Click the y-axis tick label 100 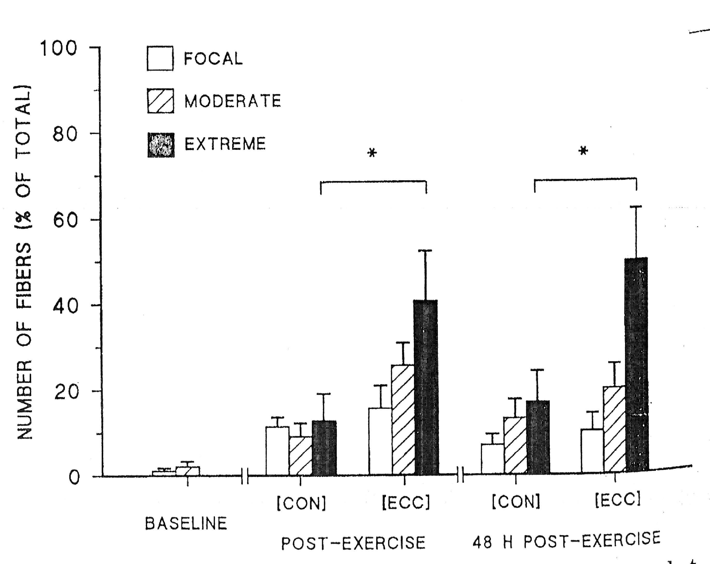58,48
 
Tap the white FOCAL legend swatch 160,59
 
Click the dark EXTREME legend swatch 161,145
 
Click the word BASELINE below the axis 186,524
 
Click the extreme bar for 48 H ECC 636,365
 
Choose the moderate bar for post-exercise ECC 403,420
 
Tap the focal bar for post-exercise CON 278,451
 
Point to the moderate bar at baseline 187,471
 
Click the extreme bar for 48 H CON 538,438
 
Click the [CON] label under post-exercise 301,503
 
